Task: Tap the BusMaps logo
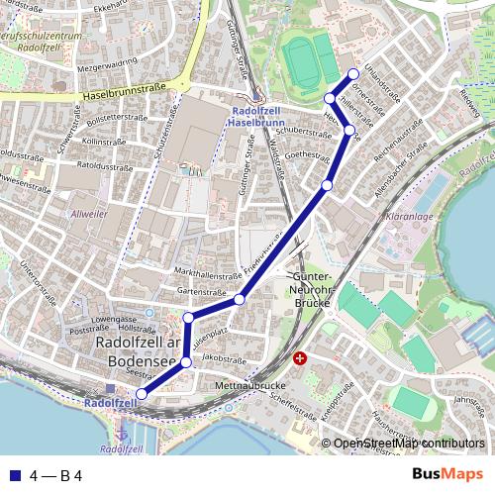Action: [448, 474]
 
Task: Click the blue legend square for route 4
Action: [14, 475]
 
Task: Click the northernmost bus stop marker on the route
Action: [353, 75]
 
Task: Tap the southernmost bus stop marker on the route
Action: [141, 394]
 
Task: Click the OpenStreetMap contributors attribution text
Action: [408, 445]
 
